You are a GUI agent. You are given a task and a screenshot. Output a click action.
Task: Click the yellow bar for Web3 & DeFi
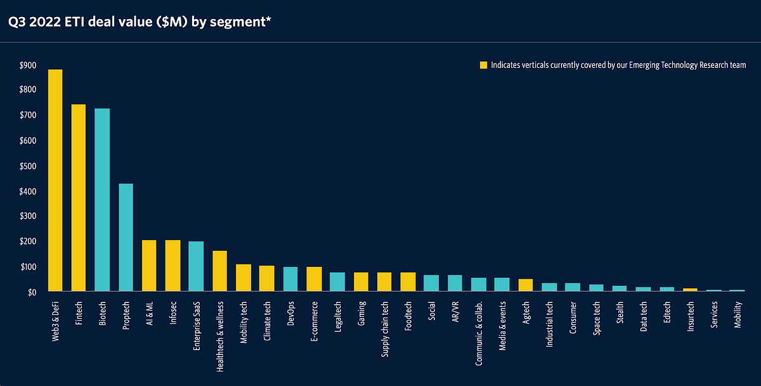pyautogui.click(x=55, y=181)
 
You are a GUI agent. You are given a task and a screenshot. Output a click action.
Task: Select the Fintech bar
pyautogui.click(x=79, y=198)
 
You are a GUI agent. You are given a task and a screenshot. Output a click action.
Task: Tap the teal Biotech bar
pyautogui.click(x=102, y=200)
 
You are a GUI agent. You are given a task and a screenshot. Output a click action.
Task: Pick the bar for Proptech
pyautogui.click(x=126, y=238)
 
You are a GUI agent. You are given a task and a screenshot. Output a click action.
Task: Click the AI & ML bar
pyautogui.click(x=149, y=266)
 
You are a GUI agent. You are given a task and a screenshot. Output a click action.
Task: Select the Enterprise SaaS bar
pyautogui.click(x=196, y=267)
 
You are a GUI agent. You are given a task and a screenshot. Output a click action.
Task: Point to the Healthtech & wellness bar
pyautogui.click(x=219, y=271)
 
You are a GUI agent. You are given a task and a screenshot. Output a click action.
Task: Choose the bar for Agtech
pyautogui.click(x=525, y=285)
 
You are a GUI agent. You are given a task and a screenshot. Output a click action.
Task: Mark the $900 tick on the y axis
pyautogui.click(x=28, y=65)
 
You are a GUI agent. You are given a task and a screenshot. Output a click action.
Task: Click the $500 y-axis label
pyautogui.click(x=28, y=166)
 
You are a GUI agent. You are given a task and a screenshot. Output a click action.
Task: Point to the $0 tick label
pyautogui.click(x=31, y=292)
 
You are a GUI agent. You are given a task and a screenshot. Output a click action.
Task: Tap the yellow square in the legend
pyautogui.click(x=483, y=65)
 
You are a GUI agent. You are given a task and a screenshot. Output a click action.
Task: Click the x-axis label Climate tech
pyautogui.click(x=267, y=323)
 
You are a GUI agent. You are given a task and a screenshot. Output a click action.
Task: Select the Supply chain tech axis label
pyautogui.click(x=385, y=330)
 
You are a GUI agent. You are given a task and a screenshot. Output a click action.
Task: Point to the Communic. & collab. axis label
pyautogui.click(x=479, y=333)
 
